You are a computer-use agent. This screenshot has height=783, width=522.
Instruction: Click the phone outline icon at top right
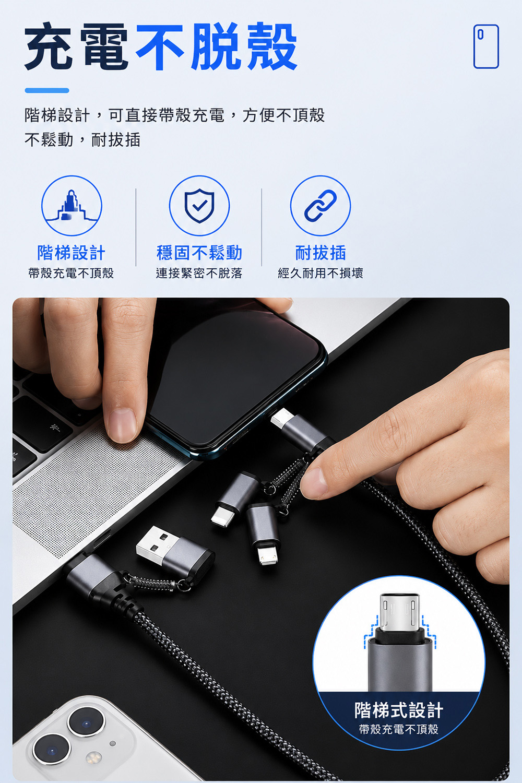486,46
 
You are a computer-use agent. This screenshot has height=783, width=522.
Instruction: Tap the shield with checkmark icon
199,206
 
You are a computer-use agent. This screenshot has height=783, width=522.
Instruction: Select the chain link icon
321,206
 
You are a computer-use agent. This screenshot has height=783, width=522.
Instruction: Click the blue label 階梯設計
72,252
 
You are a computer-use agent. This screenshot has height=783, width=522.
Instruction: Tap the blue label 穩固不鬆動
199,252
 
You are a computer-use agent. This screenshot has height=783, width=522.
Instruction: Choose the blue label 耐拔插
321,252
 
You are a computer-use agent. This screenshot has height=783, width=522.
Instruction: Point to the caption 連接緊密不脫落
199,273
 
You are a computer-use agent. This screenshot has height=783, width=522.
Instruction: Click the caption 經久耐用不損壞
321,273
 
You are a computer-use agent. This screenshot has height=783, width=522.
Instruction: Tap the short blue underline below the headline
47,90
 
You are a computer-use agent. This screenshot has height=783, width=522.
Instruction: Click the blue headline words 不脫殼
217,46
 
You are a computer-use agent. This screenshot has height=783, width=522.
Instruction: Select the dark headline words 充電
77,46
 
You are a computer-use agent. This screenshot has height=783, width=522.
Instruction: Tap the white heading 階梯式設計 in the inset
399,710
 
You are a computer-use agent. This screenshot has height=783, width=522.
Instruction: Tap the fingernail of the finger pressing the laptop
122,424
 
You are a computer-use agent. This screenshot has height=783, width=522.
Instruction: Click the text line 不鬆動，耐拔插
82,140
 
